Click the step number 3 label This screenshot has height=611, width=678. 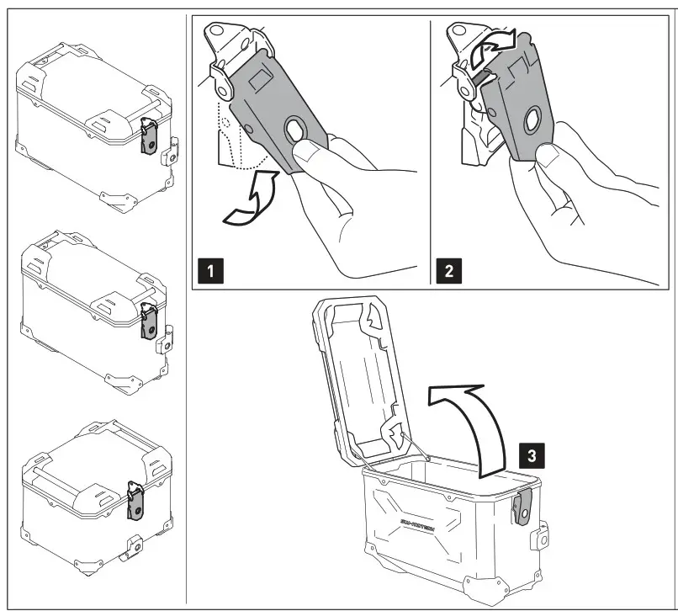pos(529,455)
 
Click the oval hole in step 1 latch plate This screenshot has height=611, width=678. pos(297,130)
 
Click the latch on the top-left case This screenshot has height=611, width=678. pos(149,135)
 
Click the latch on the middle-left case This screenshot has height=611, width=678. pos(150,324)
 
